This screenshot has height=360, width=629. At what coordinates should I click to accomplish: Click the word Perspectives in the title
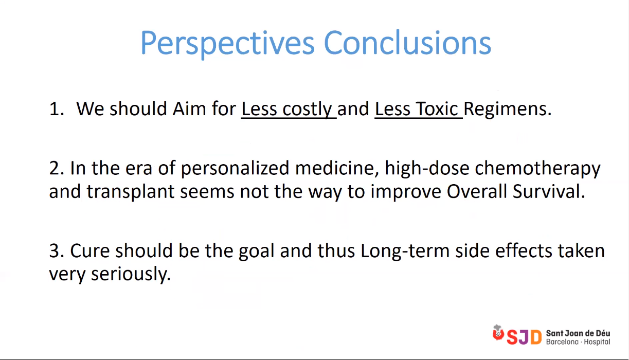(x=227, y=44)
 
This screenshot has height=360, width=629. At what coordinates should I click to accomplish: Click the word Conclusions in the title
(x=407, y=42)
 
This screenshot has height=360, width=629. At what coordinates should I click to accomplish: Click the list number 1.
(x=57, y=109)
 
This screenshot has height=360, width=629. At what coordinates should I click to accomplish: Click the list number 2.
(x=57, y=168)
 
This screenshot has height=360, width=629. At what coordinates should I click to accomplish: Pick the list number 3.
(x=57, y=250)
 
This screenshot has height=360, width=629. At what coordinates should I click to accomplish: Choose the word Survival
(x=549, y=191)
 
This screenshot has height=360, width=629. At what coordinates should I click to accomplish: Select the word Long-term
(x=405, y=251)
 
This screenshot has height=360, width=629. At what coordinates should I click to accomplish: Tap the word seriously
(x=131, y=274)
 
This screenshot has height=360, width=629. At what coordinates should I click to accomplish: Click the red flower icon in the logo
(x=498, y=333)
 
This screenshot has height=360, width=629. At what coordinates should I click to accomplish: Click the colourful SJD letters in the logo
(x=524, y=337)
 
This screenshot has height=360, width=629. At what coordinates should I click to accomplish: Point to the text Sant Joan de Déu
(x=578, y=333)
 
